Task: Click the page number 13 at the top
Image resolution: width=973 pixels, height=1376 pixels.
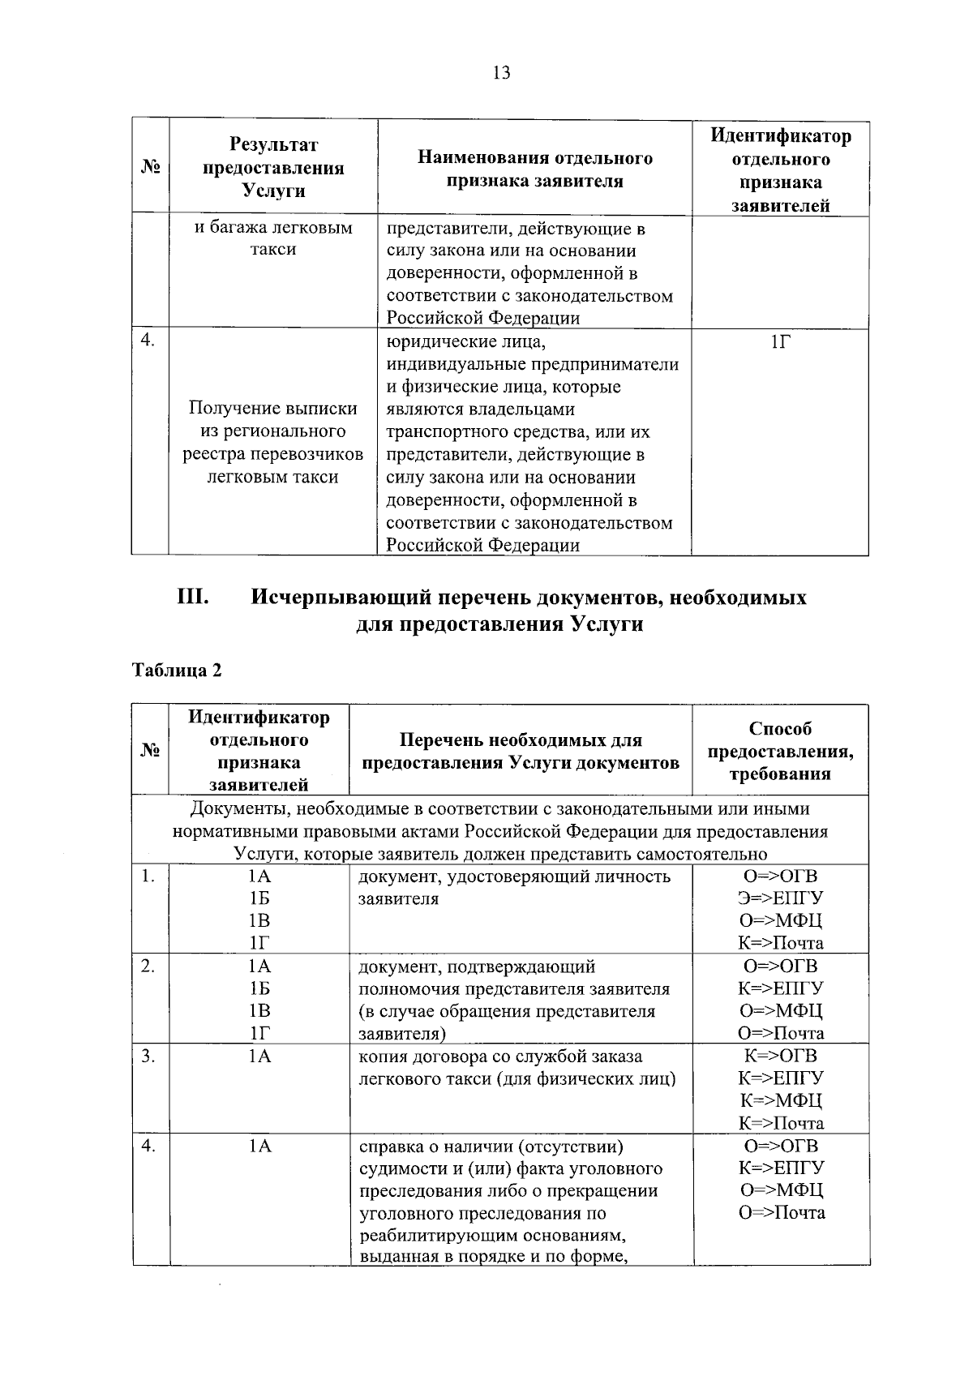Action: tap(501, 73)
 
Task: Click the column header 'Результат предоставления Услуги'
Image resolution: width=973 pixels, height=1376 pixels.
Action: tap(273, 168)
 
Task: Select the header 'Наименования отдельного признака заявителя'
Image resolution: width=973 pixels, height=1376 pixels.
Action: tap(534, 169)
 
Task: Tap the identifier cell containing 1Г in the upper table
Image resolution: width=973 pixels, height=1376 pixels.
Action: tap(780, 342)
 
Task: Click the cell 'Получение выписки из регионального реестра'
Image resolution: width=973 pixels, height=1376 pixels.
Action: tap(273, 443)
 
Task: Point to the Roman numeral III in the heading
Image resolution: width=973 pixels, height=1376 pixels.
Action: tap(193, 598)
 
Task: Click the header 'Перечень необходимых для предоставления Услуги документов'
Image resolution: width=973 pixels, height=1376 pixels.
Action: tap(521, 751)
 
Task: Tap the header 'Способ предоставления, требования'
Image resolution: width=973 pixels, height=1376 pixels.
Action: tap(780, 751)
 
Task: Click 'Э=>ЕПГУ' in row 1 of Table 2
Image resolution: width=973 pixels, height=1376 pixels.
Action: tap(780, 898)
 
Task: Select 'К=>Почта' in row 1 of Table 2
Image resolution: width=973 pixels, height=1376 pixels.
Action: tap(780, 943)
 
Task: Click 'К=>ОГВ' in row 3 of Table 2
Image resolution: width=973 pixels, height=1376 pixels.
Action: tap(780, 1056)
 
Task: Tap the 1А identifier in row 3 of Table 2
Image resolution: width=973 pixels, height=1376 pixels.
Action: tap(259, 1056)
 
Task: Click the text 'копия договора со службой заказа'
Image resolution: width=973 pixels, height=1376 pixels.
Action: tap(500, 1056)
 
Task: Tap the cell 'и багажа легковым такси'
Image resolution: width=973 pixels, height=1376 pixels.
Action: tap(273, 238)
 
